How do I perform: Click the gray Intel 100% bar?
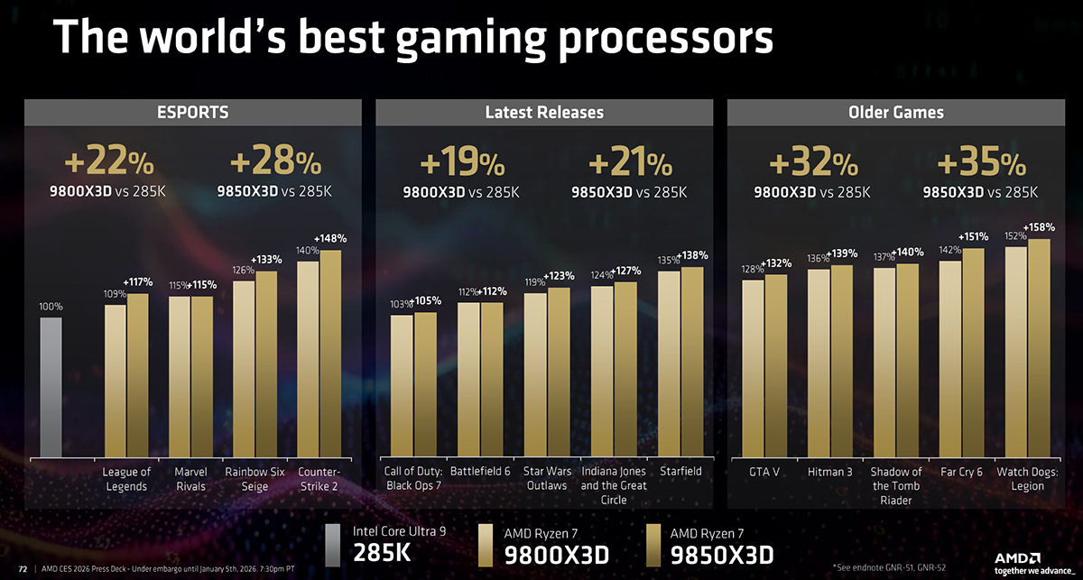click(51, 387)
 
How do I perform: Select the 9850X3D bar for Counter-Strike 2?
click(331, 353)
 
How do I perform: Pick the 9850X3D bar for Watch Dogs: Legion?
click(1039, 347)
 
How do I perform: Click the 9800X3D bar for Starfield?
click(669, 364)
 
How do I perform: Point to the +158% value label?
click(1039, 226)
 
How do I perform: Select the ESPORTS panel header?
click(192, 113)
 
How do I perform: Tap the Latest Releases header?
click(543, 113)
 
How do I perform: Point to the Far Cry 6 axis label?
click(960, 472)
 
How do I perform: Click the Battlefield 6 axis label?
click(479, 472)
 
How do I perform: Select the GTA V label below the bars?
click(764, 472)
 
